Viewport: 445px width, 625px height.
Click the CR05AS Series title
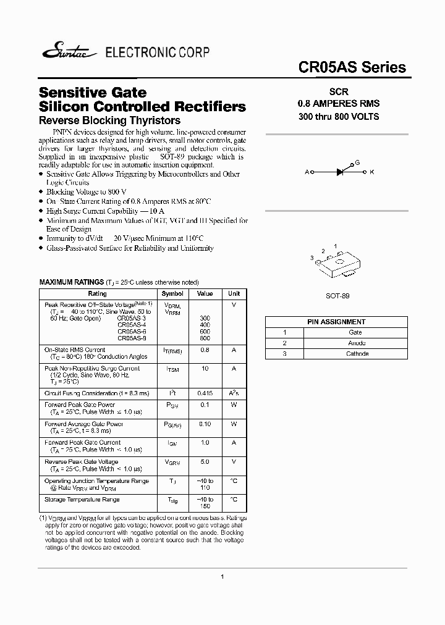(352, 67)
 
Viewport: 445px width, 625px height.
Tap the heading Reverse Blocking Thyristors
(109, 120)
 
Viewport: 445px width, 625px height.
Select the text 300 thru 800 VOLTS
(338, 116)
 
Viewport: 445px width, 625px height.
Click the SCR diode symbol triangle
(341, 172)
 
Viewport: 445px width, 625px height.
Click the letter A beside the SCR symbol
(307, 172)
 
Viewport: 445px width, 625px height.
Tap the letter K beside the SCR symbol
(371, 172)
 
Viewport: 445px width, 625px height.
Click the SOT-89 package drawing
(335, 263)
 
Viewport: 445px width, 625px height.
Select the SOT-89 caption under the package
(337, 296)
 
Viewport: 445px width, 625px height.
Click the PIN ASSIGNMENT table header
(336, 322)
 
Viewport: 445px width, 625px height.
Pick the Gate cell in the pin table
(355, 332)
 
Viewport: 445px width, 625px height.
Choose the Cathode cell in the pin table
(357, 354)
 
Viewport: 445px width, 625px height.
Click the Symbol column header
(172, 294)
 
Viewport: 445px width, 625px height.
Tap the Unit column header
(234, 294)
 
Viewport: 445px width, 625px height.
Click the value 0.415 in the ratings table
(205, 393)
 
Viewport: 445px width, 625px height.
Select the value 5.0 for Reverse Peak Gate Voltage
(205, 461)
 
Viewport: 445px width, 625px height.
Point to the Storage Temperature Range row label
(82, 499)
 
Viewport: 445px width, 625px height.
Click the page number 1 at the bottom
(222, 576)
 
